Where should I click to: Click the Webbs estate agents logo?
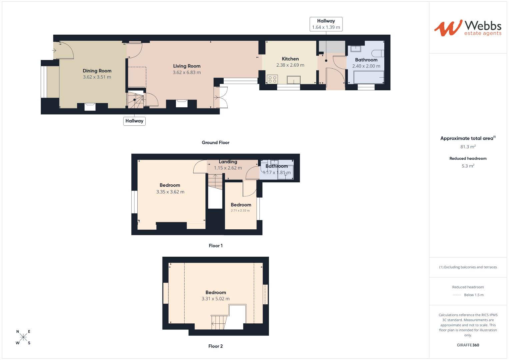tap(468, 28)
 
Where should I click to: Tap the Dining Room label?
tap(97, 71)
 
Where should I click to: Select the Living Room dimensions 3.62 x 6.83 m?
tap(187, 72)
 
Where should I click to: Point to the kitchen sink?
tap(293, 80)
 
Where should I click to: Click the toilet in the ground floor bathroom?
tap(379, 53)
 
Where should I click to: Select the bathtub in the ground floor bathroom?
tap(366, 77)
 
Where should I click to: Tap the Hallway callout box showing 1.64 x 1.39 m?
tap(326, 24)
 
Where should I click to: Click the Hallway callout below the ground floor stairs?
tap(134, 121)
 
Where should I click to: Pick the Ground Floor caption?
tap(216, 142)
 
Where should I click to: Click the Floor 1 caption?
tap(216, 246)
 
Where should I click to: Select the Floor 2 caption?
tap(216, 346)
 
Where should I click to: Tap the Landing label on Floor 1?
tap(228, 162)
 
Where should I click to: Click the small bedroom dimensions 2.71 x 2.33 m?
tap(240, 211)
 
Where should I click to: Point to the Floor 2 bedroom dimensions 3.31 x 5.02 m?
tap(216, 299)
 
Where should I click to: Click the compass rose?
tap(23, 337)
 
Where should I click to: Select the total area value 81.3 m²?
tap(468, 147)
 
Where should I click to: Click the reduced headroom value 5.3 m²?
tap(468, 166)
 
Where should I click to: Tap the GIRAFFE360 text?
tap(468, 345)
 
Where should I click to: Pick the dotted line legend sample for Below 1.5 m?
tap(457, 295)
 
